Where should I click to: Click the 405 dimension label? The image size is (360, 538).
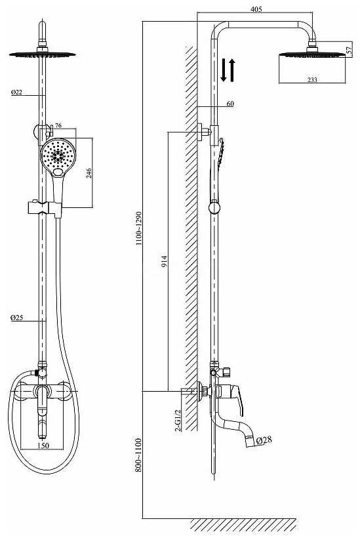(256, 9)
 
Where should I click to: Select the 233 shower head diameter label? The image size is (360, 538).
(312, 79)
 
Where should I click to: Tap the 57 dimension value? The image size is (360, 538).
(349, 50)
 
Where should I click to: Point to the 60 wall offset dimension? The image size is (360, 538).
(230, 104)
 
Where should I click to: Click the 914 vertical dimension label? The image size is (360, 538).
(165, 261)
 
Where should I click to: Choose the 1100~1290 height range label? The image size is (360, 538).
(138, 228)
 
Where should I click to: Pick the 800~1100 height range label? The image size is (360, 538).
(138, 455)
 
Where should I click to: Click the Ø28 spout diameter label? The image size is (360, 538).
(264, 440)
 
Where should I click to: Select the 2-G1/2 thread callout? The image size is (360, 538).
(178, 421)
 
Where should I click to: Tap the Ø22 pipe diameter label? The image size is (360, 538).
(16, 92)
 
